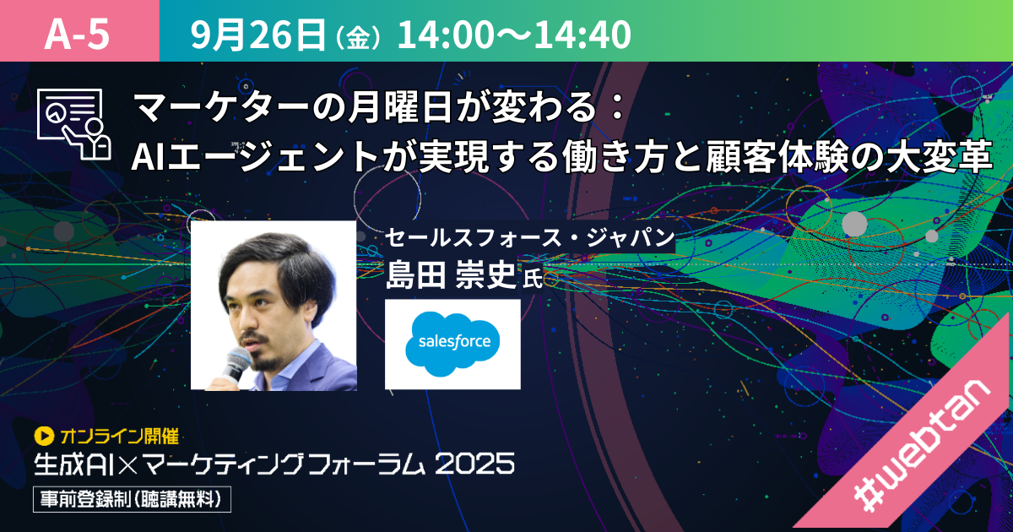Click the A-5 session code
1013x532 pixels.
(x=77, y=35)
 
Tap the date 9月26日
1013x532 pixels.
(x=257, y=35)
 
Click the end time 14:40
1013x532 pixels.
(x=582, y=35)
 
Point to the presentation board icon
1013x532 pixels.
(x=73, y=124)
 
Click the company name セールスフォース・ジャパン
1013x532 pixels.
(x=529, y=237)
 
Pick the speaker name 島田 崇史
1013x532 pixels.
(x=451, y=274)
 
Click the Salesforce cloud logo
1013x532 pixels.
(x=452, y=344)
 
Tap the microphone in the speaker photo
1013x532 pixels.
(x=236, y=366)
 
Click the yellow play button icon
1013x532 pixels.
(x=44, y=436)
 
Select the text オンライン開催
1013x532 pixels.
(x=119, y=436)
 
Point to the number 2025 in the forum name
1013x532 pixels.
(x=474, y=464)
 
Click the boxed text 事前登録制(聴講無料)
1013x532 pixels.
(x=132, y=499)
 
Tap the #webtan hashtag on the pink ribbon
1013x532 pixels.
(x=922, y=448)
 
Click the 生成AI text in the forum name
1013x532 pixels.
(x=73, y=464)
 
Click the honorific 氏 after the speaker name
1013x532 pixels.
(x=533, y=278)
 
